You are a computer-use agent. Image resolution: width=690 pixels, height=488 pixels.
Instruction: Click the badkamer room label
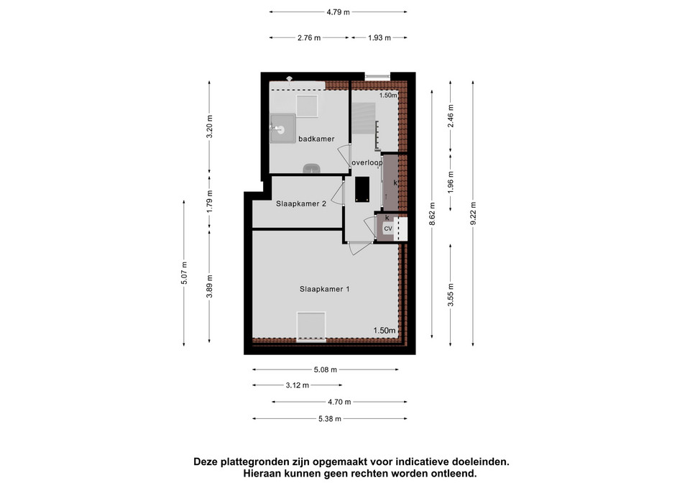316,139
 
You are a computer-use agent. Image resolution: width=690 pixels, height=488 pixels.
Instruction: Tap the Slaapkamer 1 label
325,289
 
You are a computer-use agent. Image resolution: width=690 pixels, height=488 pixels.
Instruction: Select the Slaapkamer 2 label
301,203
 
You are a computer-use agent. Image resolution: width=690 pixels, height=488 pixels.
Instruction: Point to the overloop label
367,163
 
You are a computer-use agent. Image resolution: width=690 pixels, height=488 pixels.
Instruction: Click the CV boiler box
388,229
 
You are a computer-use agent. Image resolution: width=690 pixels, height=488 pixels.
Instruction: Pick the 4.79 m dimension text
338,12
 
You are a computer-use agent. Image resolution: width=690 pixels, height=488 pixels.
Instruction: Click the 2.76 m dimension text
309,38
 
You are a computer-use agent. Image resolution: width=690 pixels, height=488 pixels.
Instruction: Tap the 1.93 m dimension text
379,38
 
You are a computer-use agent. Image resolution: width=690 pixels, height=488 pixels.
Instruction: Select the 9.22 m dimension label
473,213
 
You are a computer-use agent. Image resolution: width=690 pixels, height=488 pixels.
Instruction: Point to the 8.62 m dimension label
432,214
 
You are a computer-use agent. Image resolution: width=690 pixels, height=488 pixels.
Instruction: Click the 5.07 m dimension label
184,273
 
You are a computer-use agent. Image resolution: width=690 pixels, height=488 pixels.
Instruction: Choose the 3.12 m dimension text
298,385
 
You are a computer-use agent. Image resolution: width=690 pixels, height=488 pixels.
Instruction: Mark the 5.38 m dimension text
330,419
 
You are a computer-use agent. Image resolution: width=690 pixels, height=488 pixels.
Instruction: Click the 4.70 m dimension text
339,402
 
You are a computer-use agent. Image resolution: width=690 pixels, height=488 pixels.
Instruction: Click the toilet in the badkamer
312,168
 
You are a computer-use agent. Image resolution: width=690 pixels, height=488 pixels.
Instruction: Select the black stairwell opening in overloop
362,189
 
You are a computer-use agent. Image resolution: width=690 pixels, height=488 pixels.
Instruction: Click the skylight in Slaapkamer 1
311,326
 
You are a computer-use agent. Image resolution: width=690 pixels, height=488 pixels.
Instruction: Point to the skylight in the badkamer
307,106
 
